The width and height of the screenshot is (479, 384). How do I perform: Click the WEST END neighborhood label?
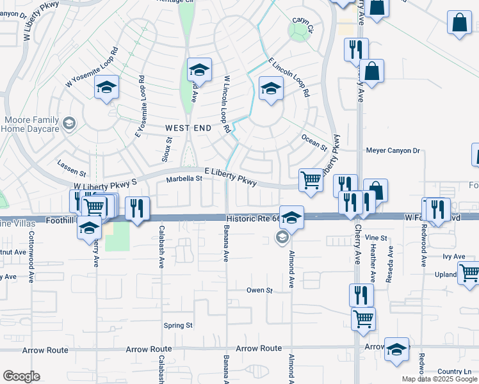coord(189,128)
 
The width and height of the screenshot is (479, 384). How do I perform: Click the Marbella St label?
coord(184,179)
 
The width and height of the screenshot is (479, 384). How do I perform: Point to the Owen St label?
coord(259,290)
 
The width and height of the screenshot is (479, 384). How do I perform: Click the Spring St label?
coord(177,325)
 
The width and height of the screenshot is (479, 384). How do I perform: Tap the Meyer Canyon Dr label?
coord(393,151)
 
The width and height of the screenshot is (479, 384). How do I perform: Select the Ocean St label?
coord(314,143)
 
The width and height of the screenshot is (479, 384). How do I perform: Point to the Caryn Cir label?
coord(302,24)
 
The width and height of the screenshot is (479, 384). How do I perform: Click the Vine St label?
coord(376,237)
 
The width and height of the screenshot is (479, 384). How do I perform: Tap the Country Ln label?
coord(454,371)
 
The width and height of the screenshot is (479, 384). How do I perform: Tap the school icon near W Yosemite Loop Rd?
coord(106,88)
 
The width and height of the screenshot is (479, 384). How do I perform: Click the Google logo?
coord(21,376)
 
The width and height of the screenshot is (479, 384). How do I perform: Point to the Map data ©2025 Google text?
coord(439,379)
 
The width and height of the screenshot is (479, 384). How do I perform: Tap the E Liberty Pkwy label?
coord(231,177)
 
